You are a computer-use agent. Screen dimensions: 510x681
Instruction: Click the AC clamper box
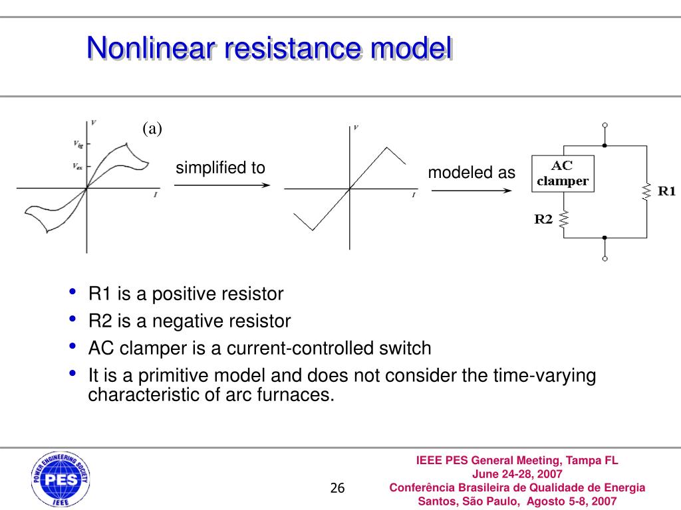point(563,174)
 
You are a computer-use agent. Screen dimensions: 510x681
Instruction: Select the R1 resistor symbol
point(646,192)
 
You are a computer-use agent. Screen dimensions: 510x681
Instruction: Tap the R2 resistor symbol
point(563,219)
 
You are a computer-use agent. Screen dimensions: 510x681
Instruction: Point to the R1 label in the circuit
point(666,191)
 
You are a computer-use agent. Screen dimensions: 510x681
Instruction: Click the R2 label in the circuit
point(544,218)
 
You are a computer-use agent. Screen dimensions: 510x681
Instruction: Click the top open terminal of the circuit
point(605,125)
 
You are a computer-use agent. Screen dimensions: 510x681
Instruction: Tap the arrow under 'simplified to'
point(222,185)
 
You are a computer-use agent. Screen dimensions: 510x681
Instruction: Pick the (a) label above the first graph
point(152,129)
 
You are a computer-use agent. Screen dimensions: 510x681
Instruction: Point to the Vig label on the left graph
point(78,143)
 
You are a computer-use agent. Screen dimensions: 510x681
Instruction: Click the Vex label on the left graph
point(78,167)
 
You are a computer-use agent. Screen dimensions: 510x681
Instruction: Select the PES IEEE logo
point(60,479)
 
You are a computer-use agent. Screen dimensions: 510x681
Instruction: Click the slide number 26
point(338,488)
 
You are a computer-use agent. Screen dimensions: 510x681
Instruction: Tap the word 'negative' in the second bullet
point(188,321)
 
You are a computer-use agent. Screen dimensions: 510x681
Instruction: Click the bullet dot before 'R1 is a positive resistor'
point(73,292)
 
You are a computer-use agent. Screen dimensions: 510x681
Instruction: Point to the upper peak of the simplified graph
point(386,147)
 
